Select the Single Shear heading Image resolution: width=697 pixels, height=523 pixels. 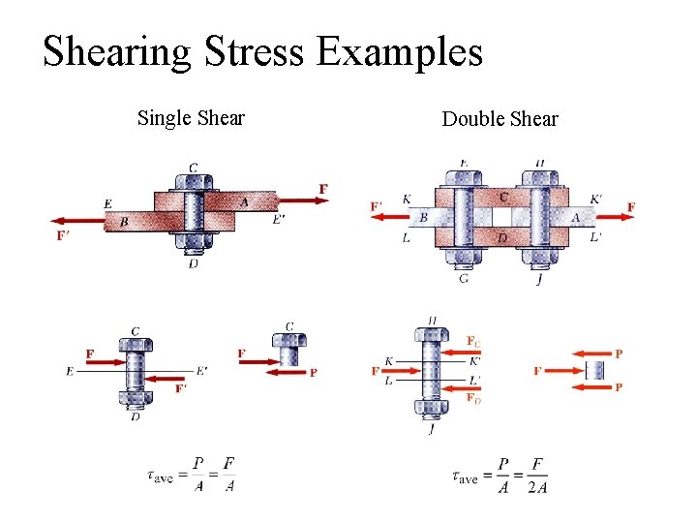pos(191,118)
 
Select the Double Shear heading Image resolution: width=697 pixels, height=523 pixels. pos(500,119)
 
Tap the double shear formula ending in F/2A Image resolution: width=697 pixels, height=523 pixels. pos(500,475)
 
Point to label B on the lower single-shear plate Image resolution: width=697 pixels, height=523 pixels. pos(124,222)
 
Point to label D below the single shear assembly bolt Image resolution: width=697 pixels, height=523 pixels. pos(193,262)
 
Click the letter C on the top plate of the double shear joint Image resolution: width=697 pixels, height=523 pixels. pos(503,197)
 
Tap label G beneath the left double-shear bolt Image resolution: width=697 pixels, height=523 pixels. pos(464,278)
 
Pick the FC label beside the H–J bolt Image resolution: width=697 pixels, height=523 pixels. pos(472,341)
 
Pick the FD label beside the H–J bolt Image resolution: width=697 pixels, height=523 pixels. pos(472,398)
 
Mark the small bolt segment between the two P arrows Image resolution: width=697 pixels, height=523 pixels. pos(594,370)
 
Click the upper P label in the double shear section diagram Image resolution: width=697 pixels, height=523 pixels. pos(619,354)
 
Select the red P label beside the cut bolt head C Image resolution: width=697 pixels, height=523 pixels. pos(313,373)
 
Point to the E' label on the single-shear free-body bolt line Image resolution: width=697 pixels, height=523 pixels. pos(201,370)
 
